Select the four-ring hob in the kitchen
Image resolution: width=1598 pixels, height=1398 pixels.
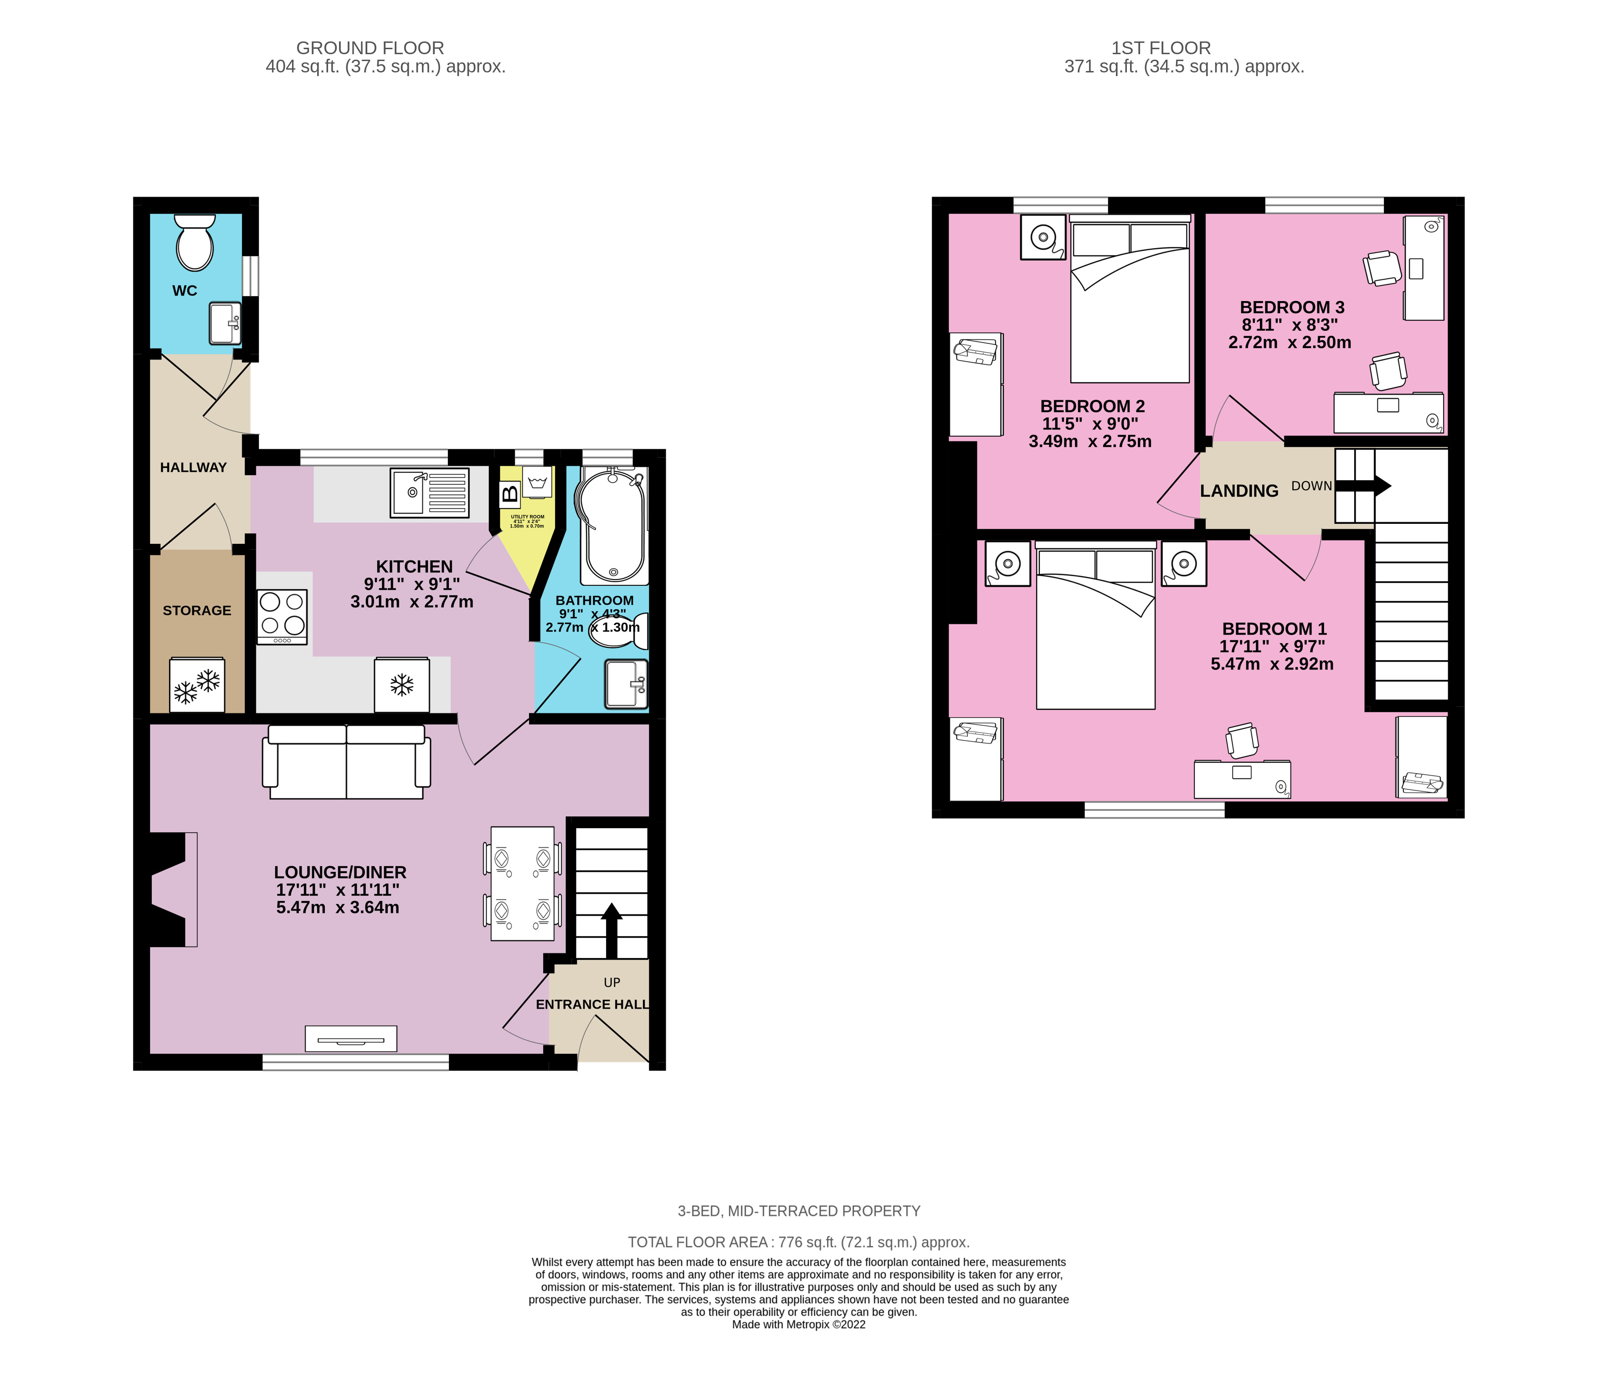pos(282,617)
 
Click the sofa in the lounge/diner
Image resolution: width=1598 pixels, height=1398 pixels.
pos(346,762)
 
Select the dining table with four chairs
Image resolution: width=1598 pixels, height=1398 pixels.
pos(523,883)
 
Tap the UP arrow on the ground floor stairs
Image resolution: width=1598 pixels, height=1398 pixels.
pos(611,928)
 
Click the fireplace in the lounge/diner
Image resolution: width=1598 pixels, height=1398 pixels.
pos(170,889)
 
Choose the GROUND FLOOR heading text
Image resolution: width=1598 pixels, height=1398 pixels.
pos(370,48)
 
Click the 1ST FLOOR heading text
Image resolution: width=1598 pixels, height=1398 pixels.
pos(1161,48)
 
